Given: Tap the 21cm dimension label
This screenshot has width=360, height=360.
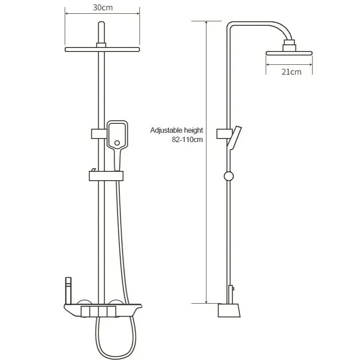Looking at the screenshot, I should pos(291,71).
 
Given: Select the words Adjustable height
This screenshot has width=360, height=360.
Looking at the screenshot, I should pos(176,130).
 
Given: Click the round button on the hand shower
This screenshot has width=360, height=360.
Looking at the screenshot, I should pos(117,143).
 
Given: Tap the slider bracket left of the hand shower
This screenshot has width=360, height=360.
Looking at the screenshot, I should pos(98,133).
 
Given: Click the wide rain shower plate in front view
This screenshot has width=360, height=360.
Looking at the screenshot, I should pos(102,49).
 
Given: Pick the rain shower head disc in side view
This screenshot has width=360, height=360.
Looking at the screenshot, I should pos(289,53).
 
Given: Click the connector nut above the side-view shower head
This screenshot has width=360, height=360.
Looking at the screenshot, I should pos(289,45).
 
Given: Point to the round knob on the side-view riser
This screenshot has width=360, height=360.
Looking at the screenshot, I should pos(228,176).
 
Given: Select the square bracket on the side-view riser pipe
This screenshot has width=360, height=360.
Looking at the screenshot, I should pos(222,133).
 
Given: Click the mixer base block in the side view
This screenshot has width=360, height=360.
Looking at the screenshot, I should pos(229,310).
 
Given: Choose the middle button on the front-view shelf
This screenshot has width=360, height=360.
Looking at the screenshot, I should pos(102,310).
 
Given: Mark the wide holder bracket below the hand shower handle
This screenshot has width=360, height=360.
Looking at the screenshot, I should pos(106,176).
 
